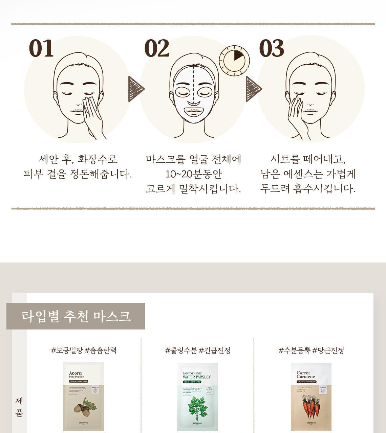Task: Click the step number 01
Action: (x=41, y=48)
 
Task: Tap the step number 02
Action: (x=157, y=48)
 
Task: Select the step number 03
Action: (x=272, y=48)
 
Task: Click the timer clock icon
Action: (x=234, y=61)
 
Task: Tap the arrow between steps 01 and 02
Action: (x=136, y=89)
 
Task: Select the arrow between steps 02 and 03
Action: (x=254, y=89)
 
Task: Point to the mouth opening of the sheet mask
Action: (x=193, y=111)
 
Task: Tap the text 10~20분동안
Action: (x=193, y=174)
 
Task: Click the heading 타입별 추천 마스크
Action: (x=76, y=316)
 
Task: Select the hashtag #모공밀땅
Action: (x=67, y=350)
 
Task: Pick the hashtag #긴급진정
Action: (x=215, y=350)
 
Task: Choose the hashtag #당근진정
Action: (x=328, y=350)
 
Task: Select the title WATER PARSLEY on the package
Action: (x=196, y=377)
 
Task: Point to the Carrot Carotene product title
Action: (x=306, y=375)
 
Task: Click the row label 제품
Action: (x=19, y=407)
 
